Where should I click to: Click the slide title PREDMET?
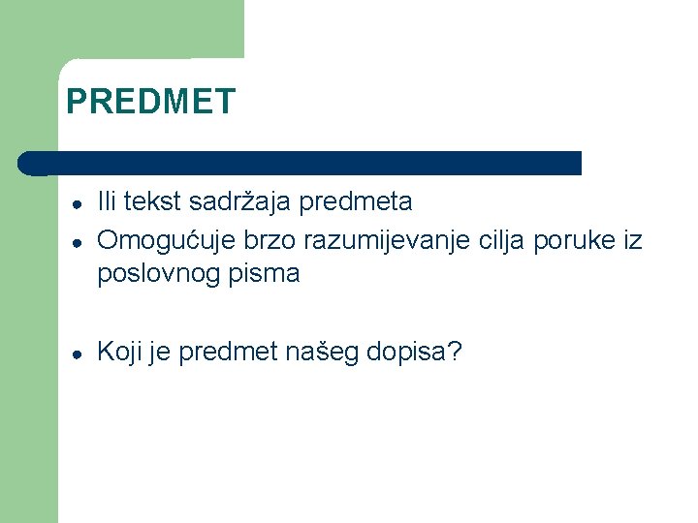[x=150, y=102]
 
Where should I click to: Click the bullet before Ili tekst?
[x=75, y=203]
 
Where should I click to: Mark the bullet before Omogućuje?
[x=75, y=241]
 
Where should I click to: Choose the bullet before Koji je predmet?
[x=75, y=354]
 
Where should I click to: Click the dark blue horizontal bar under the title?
[x=301, y=163]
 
